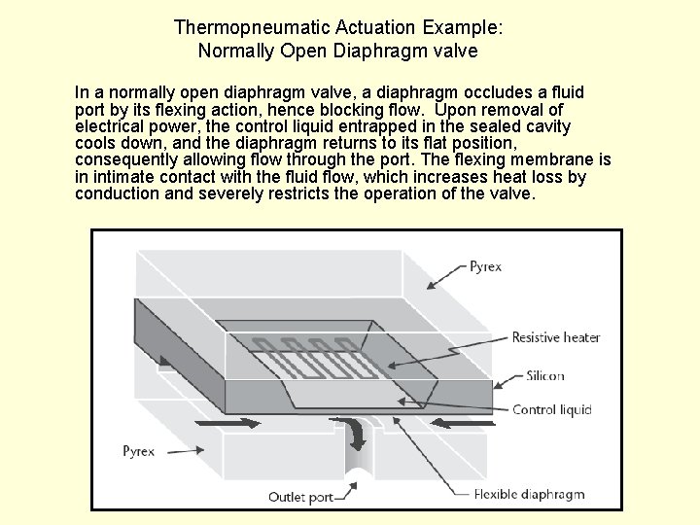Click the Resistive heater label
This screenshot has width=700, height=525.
pyautogui.click(x=555, y=338)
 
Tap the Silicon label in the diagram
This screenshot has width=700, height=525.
pyautogui.click(x=544, y=376)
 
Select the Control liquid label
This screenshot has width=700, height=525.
pyautogui.click(x=551, y=409)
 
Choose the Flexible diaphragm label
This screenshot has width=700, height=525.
pyautogui.click(x=529, y=494)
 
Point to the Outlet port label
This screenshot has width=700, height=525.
pyautogui.click(x=300, y=497)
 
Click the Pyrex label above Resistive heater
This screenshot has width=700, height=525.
pyautogui.click(x=485, y=266)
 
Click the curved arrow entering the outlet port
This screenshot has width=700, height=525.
pyautogui.click(x=356, y=432)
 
